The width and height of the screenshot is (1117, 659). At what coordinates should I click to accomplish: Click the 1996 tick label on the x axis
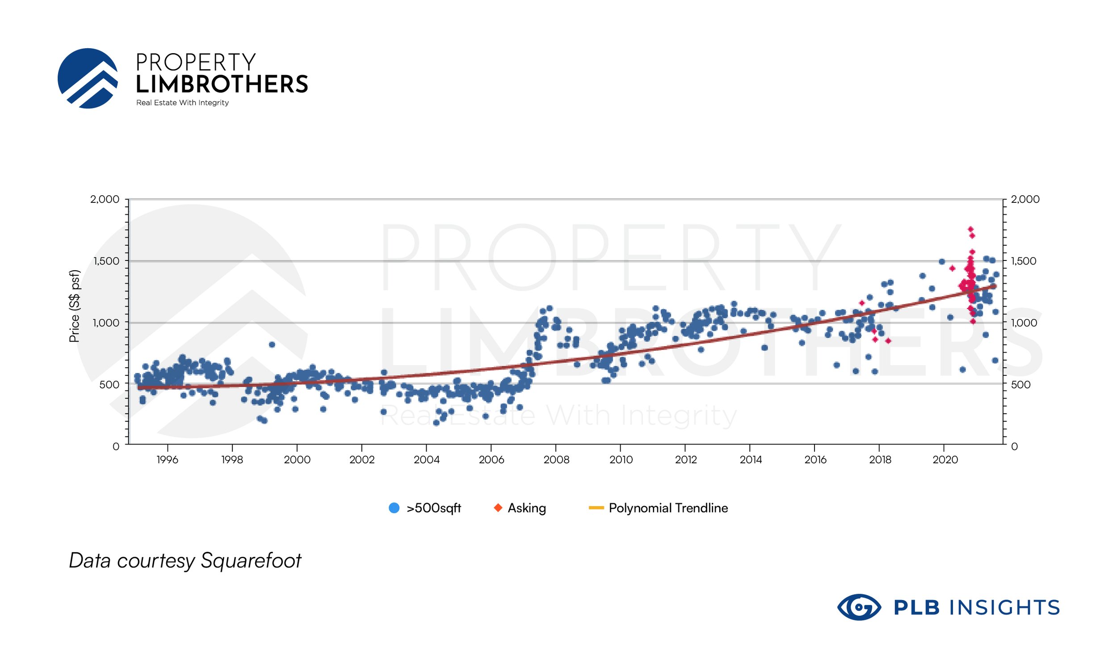pyautogui.click(x=167, y=460)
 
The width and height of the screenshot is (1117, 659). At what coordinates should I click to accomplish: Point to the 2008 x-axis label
pyautogui.click(x=556, y=460)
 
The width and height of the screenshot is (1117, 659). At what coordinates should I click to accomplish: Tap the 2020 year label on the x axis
pyautogui.click(x=945, y=460)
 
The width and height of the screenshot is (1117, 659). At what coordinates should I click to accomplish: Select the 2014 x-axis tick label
pyautogui.click(x=751, y=460)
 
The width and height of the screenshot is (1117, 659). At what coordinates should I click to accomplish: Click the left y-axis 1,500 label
pyautogui.click(x=106, y=261)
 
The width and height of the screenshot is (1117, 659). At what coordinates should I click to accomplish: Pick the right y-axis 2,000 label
pyautogui.click(x=1025, y=199)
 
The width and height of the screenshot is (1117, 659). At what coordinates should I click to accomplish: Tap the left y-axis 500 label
pyautogui.click(x=109, y=385)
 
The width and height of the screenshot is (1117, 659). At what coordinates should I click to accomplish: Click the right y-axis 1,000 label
pyautogui.click(x=1023, y=323)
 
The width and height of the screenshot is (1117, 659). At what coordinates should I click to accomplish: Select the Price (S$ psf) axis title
pyautogui.click(x=75, y=306)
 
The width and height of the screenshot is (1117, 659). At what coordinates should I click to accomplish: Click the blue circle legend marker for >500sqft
pyautogui.click(x=394, y=508)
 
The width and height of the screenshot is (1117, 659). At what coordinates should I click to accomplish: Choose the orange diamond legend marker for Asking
pyautogui.click(x=498, y=508)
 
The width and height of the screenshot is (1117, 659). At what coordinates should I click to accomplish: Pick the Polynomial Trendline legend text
pyautogui.click(x=668, y=508)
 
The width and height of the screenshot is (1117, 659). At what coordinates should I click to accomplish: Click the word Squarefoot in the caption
pyautogui.click(x=251, y=561)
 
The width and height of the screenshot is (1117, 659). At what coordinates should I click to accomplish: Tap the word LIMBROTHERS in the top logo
pyautogui.click(x=222, y=84)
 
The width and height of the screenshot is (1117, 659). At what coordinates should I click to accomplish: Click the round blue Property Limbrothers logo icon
pyautogui.click(x=88, y=79)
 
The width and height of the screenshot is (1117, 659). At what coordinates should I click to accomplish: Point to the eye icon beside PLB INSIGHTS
pyautogui.click(x=859, y=608)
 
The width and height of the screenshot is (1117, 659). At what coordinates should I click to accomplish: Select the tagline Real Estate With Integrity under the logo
pyautogui.click(x=182, y=103)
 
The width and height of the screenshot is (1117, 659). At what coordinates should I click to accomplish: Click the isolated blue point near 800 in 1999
pyautogui.click(x=272, y=344)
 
